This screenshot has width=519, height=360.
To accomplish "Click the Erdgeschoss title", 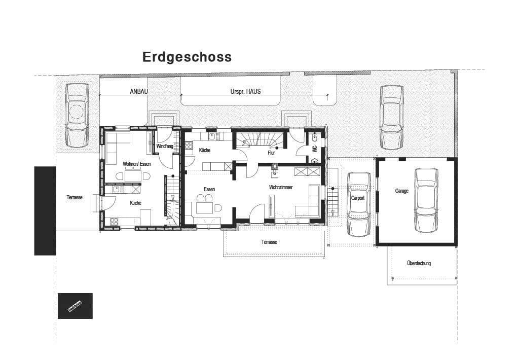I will tap(187, 57).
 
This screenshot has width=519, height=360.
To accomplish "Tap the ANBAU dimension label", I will tap(138, 92).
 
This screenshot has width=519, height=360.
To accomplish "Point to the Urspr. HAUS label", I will tap(246, 92).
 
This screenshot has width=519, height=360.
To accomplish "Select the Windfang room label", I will tap(165, 147).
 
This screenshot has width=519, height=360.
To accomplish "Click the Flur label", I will tap(271, 152).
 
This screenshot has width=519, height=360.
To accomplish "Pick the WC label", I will tap(315, 149).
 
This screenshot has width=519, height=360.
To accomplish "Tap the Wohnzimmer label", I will tap(281, 187).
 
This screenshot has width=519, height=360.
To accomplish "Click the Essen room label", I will tap(209, 189).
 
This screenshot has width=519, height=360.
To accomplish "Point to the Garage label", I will tap(402, 191).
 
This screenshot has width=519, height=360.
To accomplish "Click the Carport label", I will tap(358, 198).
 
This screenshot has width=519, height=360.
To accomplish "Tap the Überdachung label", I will tap(419, 263).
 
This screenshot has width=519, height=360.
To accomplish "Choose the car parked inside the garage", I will tap(426, 200).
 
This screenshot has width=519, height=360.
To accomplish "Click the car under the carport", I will tap(359, 204).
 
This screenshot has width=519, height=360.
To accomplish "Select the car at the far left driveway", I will tap(77, 115).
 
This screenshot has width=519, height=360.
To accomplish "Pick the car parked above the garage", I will tap(392, 117).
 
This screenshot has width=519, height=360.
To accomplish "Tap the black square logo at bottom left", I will tap(75, 306).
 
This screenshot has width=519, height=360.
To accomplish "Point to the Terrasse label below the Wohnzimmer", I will tap(269, 242).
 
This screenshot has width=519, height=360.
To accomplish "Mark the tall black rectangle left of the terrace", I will tap(45, 210).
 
